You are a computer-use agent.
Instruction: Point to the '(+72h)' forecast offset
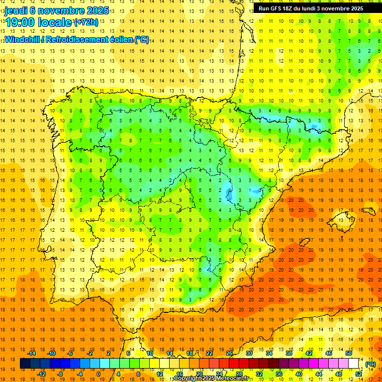[x=86, y=22]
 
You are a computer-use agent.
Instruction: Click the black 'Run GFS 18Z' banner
[x=310, y=8]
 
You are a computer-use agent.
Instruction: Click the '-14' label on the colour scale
[x=34, y=353]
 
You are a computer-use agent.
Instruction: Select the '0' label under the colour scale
[x=98, y=374]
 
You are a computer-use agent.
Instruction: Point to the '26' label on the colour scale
[x=229, y=353]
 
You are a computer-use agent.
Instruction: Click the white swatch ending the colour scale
[x=354, y=364]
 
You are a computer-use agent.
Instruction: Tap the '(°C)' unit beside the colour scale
[x=370, y=364]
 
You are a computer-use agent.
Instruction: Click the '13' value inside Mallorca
[x=341, y=220]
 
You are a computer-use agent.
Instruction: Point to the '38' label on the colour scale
[x=289, y=353]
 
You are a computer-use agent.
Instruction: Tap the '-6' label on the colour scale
[x=70, y=353]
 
